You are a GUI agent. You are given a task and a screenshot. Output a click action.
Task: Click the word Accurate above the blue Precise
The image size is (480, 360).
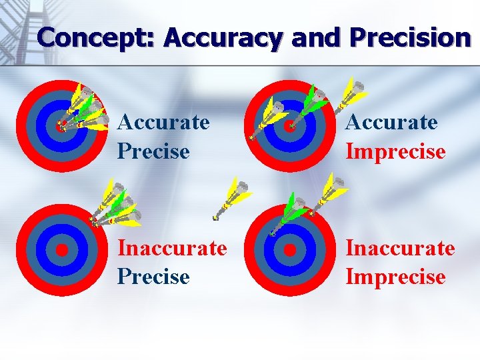pyautogui.click(x=163, y=123)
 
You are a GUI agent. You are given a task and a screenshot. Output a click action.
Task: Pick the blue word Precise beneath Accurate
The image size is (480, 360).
pyautogui.click(x=153, y=151)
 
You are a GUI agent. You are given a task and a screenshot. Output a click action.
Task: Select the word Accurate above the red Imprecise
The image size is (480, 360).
pyautogui.click(x=391, y=123)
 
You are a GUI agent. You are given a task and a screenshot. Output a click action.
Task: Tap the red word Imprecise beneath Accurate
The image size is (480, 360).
pyautogui.click(x=395, y=151)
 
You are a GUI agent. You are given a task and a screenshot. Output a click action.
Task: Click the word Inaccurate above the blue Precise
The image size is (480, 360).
pyautogui.click(x=172, y=248)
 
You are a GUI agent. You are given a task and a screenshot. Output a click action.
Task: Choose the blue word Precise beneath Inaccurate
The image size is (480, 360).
pyautogui.click(x=153, y=276)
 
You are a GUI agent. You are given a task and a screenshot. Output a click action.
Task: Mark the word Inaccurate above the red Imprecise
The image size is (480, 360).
pyautogui.click(x=400, y=248)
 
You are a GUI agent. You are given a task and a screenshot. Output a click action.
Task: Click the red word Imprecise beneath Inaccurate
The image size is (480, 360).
pyautogui.click(x=395, y=276)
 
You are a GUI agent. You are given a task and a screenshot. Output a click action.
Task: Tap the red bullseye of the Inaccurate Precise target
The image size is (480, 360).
pyautogui.click(x=61, y=250)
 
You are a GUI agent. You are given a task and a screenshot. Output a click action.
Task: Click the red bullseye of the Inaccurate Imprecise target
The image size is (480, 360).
pyautogui.click(x=290, y=250)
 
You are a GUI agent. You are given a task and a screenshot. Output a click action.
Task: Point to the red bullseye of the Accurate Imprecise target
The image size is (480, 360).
pyautogui.click(x=290, y=125)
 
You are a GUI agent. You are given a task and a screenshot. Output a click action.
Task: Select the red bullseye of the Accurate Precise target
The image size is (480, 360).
pyautogui.click(x=61, y=125)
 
